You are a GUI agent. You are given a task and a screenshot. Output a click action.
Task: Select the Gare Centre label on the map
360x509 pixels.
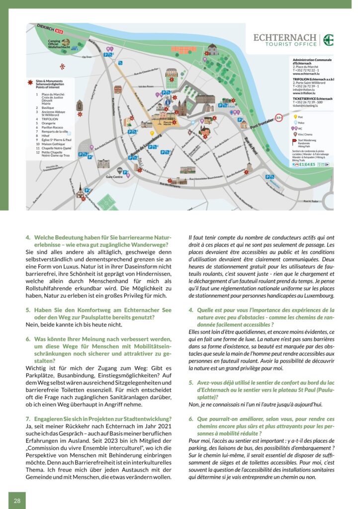tap(114, 176)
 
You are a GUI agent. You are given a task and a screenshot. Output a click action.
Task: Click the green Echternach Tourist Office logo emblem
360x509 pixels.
tap(328, 40)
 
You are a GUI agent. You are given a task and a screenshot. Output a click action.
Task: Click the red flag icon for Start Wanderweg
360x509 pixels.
tap(294, 141)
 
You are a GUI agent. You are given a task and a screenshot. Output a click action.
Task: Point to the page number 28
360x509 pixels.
tap(17, 501)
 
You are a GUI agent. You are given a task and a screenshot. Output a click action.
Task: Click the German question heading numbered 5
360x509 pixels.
tap(97, 313)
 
